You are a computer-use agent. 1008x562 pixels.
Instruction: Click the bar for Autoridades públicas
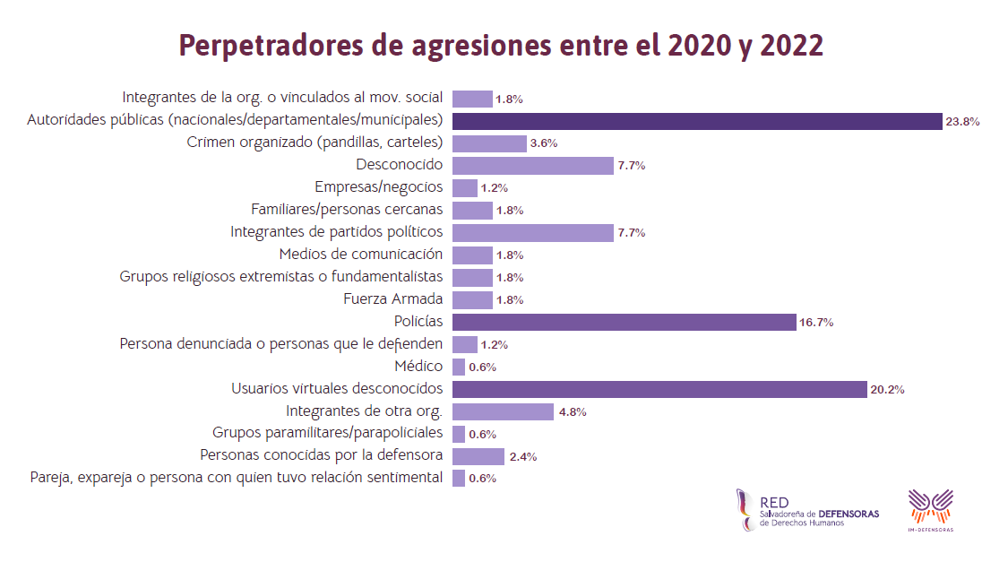pos(696,121)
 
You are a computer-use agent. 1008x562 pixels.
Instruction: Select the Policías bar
pos(624,322)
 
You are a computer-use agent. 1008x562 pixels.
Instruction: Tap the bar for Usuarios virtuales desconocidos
pos(659,389)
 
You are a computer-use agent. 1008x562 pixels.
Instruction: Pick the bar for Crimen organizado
pos(489,143)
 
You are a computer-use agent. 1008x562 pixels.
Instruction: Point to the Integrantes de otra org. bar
pos(503,411)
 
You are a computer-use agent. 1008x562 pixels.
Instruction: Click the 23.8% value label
pos(962,122)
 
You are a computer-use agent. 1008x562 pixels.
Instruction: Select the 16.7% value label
pos(816,323)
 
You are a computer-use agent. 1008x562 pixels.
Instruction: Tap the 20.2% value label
pos(887,390)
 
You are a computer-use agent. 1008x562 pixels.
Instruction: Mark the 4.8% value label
pos(573,412)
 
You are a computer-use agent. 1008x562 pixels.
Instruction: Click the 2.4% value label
pos(523,457)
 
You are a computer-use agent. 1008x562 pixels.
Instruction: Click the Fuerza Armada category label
pos(392,299)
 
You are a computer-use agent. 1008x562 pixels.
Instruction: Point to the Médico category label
pos(418,367)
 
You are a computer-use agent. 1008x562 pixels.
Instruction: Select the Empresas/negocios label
pos(378,187)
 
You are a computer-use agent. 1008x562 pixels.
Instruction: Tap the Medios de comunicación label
pos(360,255)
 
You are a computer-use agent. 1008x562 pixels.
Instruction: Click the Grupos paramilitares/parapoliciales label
pos(327,434)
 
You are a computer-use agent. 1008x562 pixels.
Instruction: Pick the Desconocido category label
pos(399,165)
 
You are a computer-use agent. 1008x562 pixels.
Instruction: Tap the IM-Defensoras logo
pos(931,510)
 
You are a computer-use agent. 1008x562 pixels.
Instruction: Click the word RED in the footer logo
pos(774,504)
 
